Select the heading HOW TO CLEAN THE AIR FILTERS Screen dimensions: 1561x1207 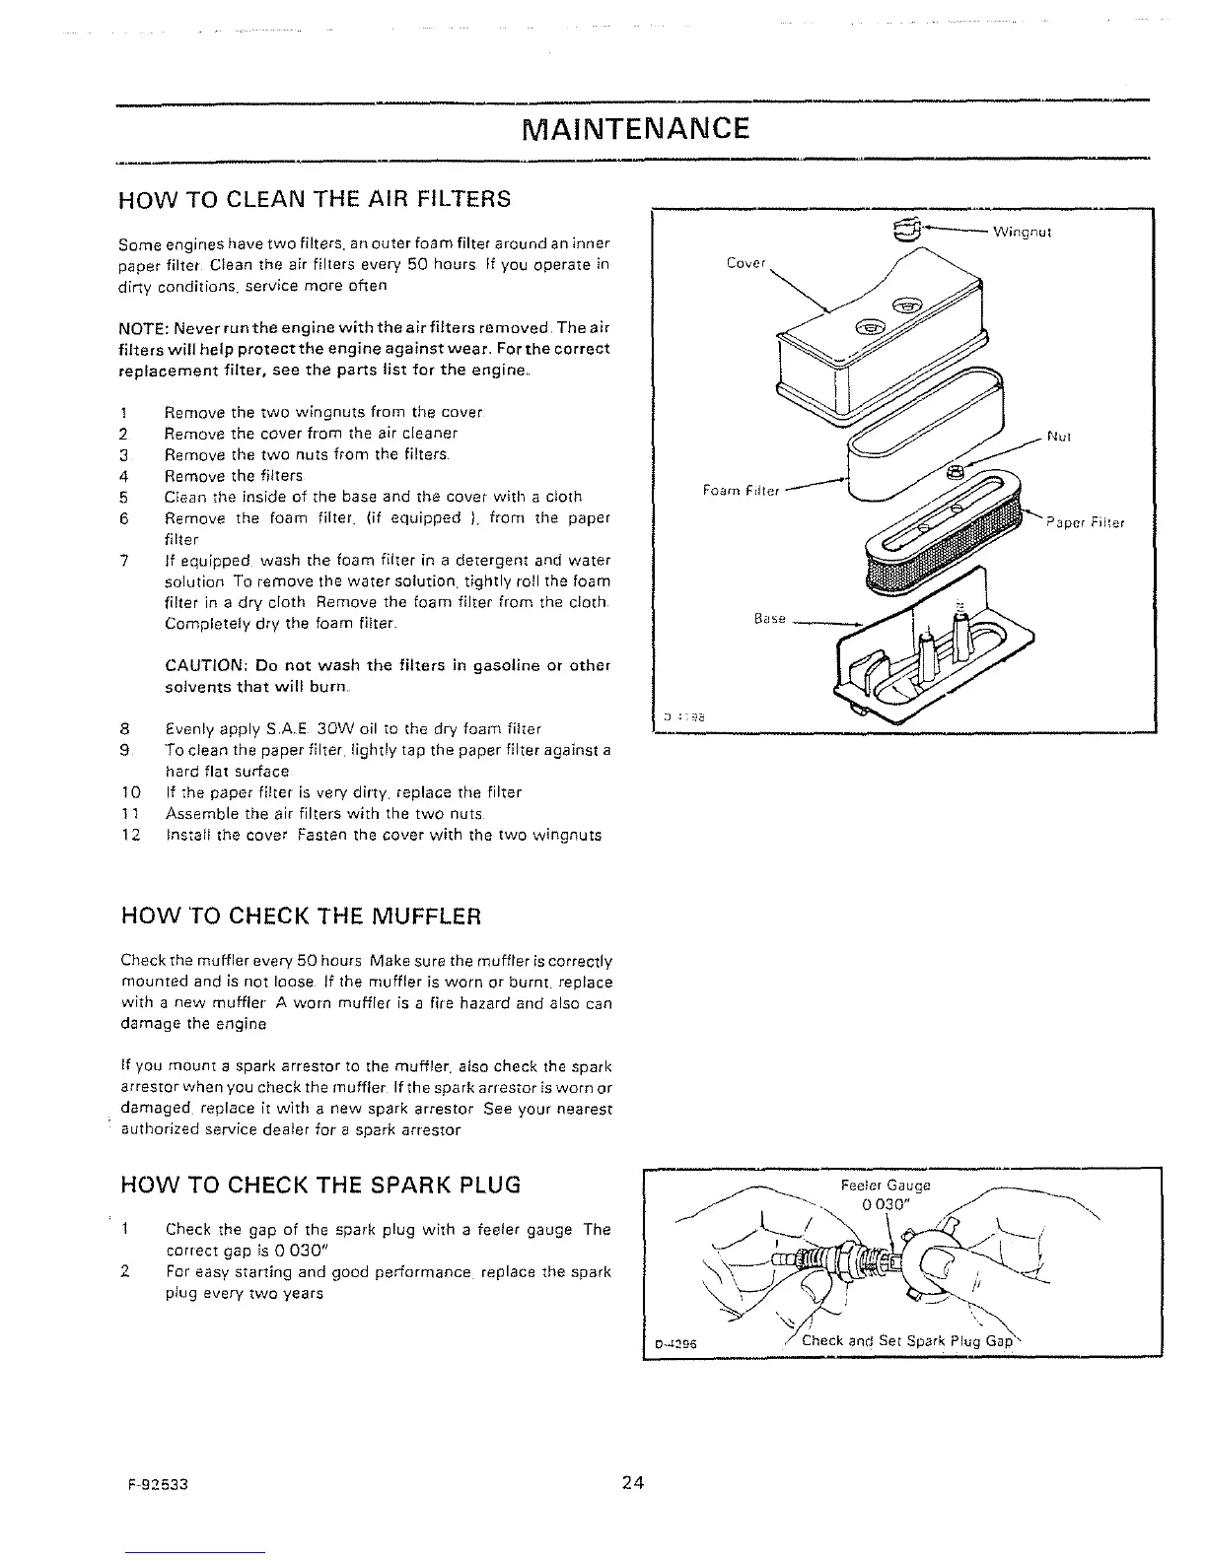coord(315,199)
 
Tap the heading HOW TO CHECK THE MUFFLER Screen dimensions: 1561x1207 coord(300,916)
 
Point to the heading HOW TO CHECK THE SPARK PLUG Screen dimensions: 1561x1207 coord(319,1184)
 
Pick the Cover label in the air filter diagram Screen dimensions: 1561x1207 coord(745,263)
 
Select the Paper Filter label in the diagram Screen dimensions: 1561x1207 coord(1085,523)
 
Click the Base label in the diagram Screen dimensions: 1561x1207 coord(769,619)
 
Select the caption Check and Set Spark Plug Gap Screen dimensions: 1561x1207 coord(906,1341)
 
